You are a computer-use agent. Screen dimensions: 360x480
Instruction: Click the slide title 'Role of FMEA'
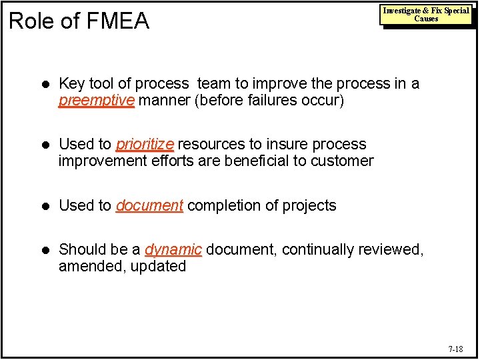click(x=79, y=21)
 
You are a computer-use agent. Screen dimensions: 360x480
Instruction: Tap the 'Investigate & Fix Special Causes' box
click(x=425, y=15)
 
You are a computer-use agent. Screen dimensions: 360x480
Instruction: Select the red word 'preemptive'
click(x=97, y=101)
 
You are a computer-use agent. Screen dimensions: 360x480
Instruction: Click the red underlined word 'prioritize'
click(x=145, y=145)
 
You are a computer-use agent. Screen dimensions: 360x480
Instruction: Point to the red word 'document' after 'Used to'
click(x=149, y=206)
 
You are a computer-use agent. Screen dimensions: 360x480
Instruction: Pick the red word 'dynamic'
click(x=173, y=250)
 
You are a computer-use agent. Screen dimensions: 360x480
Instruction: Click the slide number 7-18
click(x=455, y=349)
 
